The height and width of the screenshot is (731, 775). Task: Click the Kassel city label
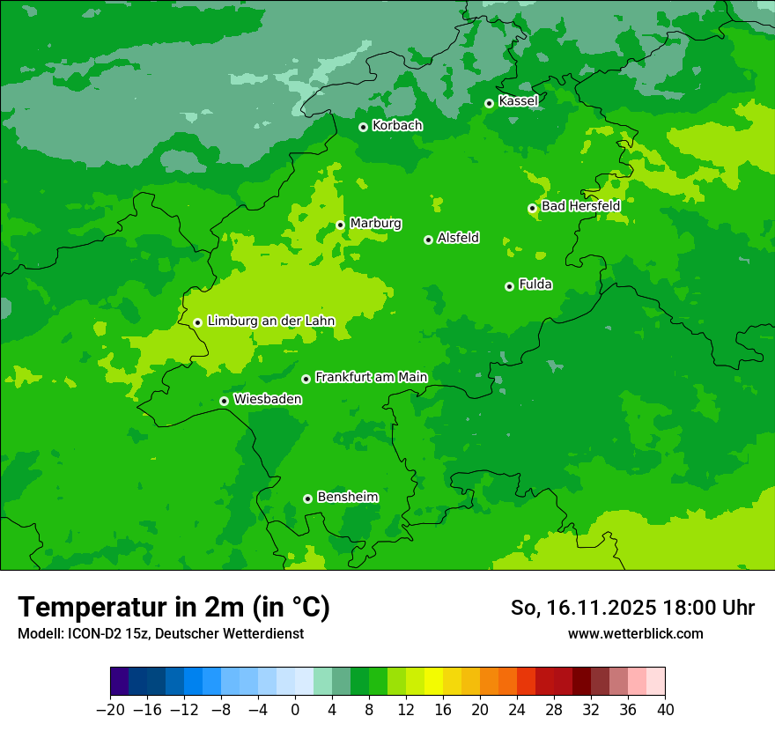[x=518, y=101]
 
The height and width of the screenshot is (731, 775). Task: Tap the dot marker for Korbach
[x=363, y=127]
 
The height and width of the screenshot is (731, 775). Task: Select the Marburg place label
[x=375, y=224]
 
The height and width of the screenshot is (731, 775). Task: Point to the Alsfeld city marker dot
[x=428, y=240]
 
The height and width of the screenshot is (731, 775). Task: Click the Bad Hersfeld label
[x=580, y=206]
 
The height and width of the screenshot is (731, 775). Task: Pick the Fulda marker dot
[x=509, y=286]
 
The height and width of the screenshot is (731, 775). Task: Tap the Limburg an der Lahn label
[x=270, y=321]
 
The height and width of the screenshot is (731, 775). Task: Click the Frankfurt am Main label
[x=371, y=377]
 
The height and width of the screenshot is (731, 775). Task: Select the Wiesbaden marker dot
[x=224, y=401]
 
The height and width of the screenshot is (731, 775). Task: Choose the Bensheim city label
[x=347, y=497]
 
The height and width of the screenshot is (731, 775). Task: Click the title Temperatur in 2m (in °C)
[x=173, y=607]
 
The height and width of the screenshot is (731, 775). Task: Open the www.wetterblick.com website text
[x=635, y=633]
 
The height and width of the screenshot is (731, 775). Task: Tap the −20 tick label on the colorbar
[x=109, y=710]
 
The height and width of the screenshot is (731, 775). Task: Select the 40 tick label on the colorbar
[x=665, y=710]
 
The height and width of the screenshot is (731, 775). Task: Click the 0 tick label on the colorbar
[x=295, y=710]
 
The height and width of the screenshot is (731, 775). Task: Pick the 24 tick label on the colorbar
[x=517, y=710]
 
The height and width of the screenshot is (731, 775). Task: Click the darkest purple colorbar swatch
[x=119, y=682]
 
